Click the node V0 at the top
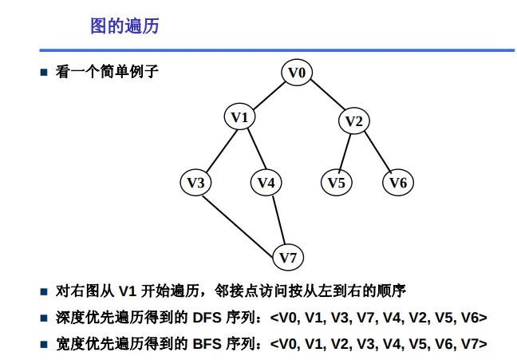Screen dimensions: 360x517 tap(297, 73)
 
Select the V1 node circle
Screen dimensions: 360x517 tap(240, 118)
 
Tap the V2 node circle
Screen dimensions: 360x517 tap(353, 121)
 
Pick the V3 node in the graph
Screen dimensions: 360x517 tap(195, 183)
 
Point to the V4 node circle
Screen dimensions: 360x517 tap(266, 183)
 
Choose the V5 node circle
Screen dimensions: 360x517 tap(337, 183)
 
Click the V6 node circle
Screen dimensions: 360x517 tap(398, 183)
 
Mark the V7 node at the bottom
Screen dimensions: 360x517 tap(288, 258)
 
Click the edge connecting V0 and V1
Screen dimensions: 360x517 tap(269, 96)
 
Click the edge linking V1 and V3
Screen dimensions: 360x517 tap(218, 151)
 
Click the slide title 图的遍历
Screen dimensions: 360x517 tap(124, 26)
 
